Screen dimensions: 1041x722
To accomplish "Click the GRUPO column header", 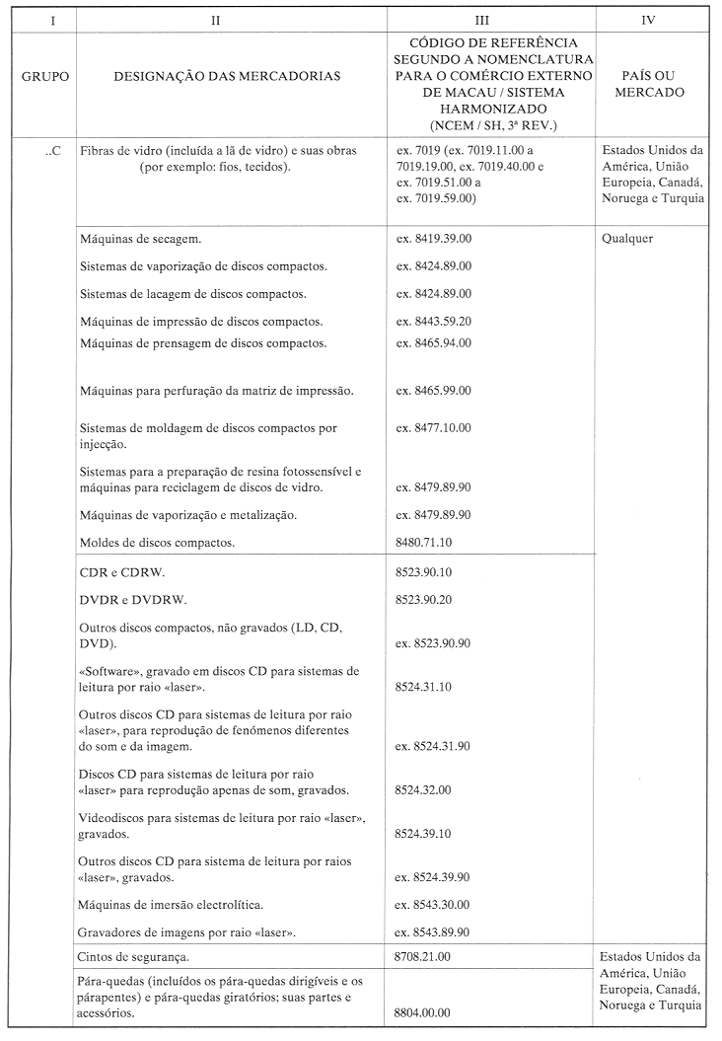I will (45, 75).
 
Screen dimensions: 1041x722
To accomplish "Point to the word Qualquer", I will (626, 238).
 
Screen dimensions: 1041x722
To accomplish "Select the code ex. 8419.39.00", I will (433, 239).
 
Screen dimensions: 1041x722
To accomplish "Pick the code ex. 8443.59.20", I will (433, 321).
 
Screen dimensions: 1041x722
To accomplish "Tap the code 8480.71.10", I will (423, 542).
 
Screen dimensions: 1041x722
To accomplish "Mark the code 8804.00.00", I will (423, 1012).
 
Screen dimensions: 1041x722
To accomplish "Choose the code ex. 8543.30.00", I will (433, 904).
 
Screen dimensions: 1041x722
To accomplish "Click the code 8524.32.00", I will (423, 790).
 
